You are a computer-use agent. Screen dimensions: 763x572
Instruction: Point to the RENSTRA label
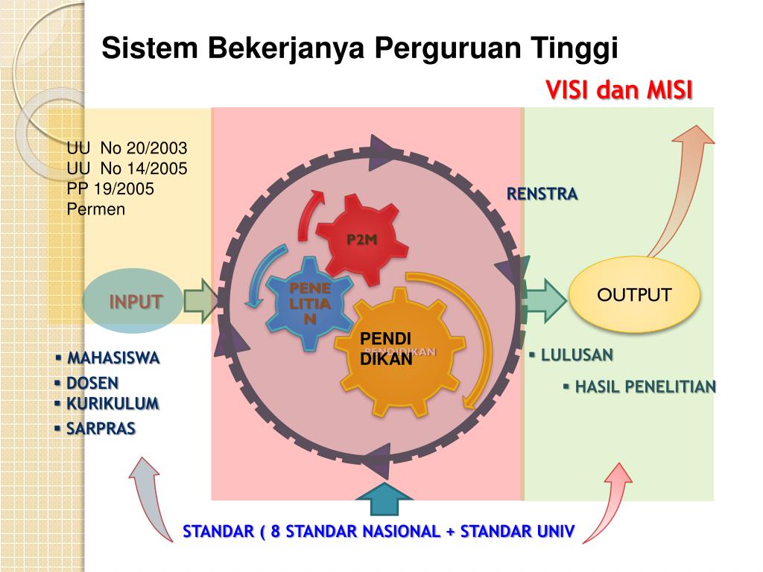542,194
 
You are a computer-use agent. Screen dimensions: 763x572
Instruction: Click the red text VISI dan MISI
619,91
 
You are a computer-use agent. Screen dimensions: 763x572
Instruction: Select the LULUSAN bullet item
576,355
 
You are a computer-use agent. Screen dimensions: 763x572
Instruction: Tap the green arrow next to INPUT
200,300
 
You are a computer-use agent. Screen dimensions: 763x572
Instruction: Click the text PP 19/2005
110,189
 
